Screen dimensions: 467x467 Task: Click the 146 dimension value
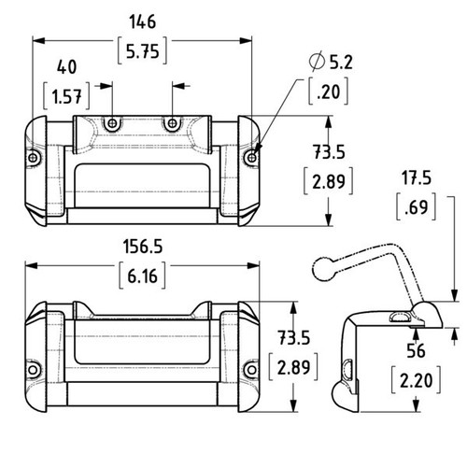click(143, 22)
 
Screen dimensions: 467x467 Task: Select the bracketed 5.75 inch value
click(143, 51)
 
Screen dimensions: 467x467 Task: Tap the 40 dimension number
click(66, 67)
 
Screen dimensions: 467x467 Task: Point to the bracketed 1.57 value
click(66, 96)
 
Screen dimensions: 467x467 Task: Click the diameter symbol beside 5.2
click(317, 62)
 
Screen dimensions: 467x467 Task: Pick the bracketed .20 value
click(329, 92)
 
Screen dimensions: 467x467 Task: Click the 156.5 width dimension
click(143, 247)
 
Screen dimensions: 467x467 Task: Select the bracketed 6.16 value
click(143, 276)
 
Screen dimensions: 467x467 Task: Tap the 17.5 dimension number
click(417, 178)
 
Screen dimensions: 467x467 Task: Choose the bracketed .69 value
click(417, 207)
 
